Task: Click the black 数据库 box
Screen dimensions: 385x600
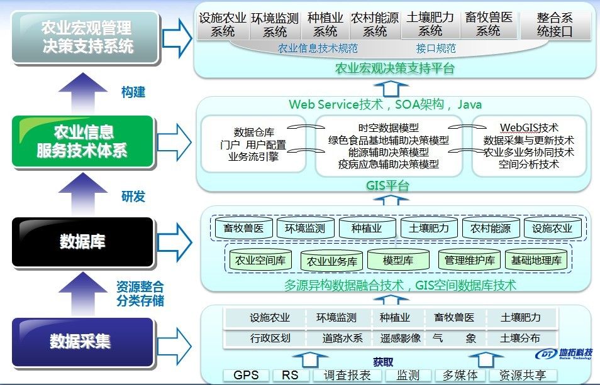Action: pos(82,241)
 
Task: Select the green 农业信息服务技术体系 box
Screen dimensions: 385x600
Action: pos(82,141)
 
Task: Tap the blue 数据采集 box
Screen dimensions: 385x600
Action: pos(82,342)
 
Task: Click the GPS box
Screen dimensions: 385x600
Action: pos(246,376)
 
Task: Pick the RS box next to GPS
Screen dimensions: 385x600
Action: pos(290,376)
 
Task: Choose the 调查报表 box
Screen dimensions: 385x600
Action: pos(347,376)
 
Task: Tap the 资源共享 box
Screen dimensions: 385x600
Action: pos(523,376)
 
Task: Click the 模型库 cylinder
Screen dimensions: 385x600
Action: pos(398,259)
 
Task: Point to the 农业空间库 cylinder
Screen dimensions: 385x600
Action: pos(260,259)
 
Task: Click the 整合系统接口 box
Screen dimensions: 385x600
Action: pos(555,25)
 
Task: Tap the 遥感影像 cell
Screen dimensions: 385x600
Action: pos(400,338)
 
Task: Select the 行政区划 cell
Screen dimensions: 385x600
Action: pos(270,338)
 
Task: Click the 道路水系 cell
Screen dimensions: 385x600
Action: pos(343,338)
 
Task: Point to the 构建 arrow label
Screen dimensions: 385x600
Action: pos(133,92)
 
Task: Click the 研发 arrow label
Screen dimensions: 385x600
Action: pos(133,196)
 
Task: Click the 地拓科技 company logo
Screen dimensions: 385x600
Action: pos(568,354)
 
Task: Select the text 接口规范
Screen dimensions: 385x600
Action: pos(436,48)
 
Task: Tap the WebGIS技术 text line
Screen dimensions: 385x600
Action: pos(529,128)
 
